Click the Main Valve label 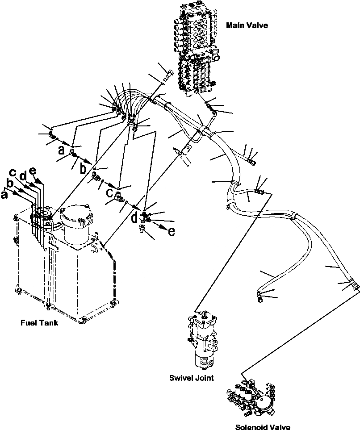click(247, 25)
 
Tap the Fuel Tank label click(39, 323)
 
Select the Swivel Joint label click(192, 378)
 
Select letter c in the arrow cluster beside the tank click(14, 173)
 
